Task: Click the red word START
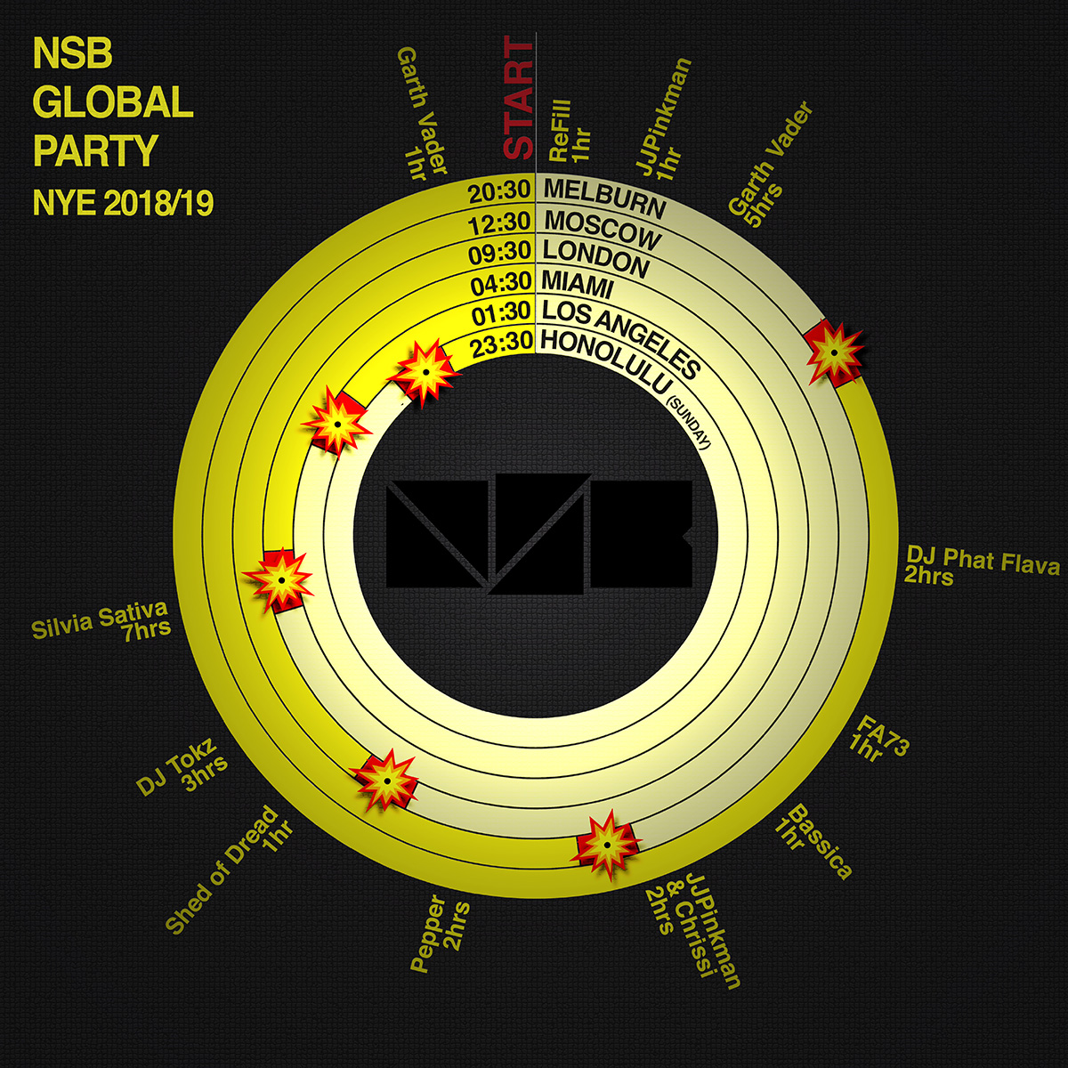520,98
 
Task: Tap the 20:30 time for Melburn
501,190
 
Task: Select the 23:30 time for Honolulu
501,343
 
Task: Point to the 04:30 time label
501,282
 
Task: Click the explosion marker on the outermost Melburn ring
835,352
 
